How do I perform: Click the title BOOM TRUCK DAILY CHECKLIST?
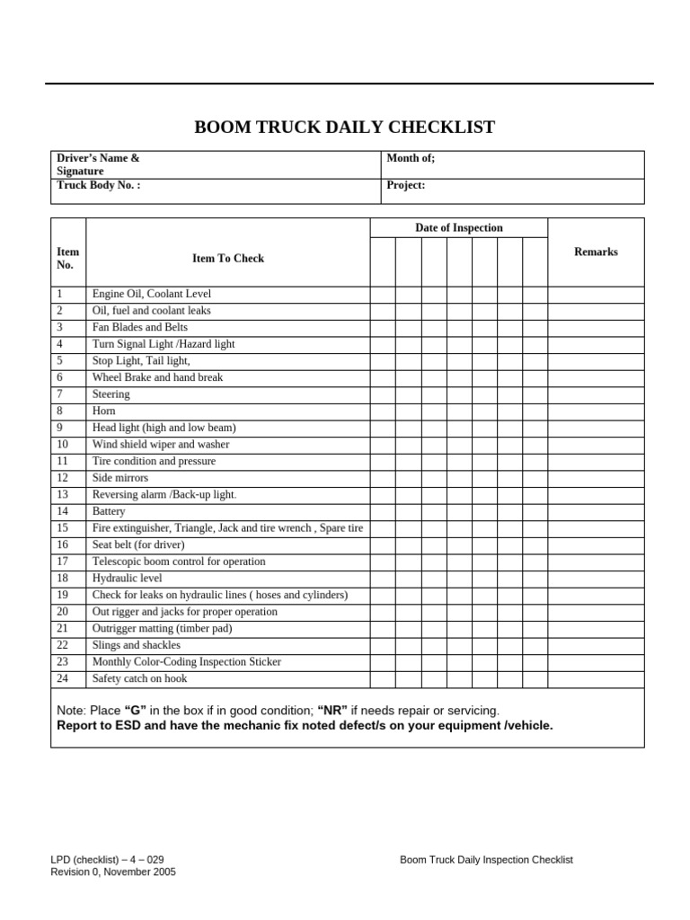click(x=344, y=127)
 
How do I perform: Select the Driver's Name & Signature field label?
click(x=98, y=164)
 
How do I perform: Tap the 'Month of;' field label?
click(x=411, y=158)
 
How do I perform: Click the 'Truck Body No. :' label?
click(x=98, y=185)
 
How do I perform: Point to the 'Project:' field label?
click(x=405, y=185)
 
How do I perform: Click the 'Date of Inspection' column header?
click(x=458, y=228)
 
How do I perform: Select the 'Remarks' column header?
click(x=596, y=252)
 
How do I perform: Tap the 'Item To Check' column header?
click(x=228, y=258)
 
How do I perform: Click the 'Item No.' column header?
click(x=67, y=259)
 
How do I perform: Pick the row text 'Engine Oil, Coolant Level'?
click(x=152, y=294)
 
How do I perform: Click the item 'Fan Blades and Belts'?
click(x=139, y=327)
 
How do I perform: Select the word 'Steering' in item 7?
click(x=111, y=394)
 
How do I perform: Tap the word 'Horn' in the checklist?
click(x=103, y=411)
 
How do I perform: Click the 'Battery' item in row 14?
click(x=109, y=511)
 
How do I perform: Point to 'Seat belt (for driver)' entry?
click(x=138, y=544)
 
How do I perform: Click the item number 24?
click(x=62, y=678)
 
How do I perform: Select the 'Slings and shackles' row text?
click(x=136, y=645)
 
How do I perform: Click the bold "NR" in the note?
click(x=332, y=710)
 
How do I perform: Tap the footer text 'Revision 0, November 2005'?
click(x=113, y=871)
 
